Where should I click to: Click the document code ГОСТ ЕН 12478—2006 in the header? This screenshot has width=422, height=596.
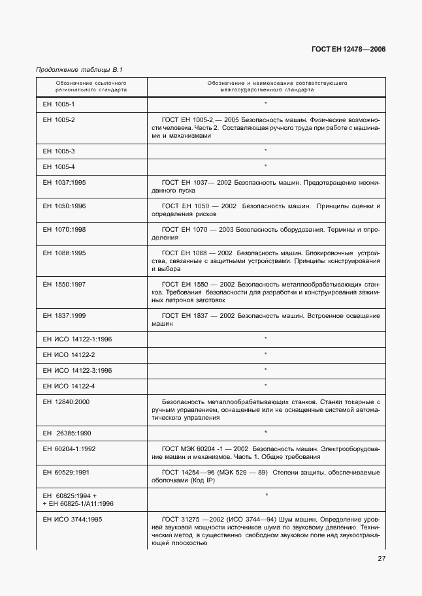coord(349,50)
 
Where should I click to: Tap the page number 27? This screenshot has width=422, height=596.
coord(381,558)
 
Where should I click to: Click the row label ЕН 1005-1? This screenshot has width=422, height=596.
coord(59,104)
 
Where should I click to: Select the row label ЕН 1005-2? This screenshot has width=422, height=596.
coord(59,120)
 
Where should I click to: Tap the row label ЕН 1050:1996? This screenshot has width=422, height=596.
coord(64,206)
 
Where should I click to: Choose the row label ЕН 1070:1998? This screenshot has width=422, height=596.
coord(64,229)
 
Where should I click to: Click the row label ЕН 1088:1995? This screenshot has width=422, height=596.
coord(64,253)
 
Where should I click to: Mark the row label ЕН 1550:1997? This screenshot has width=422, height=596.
coord(64,284)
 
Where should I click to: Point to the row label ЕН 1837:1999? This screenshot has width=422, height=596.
coord(64,315)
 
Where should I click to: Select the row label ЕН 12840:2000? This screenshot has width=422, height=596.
coord(66,401)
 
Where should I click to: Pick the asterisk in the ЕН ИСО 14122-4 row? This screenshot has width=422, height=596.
coord(265,386)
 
